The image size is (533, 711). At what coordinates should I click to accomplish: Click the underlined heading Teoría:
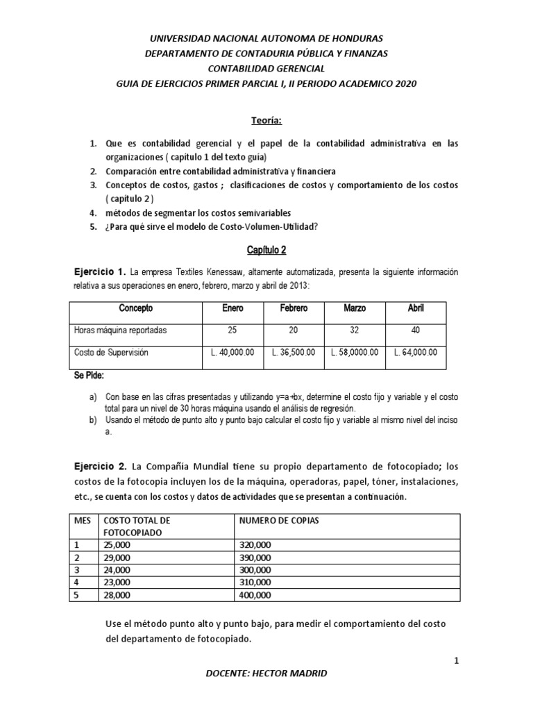266,120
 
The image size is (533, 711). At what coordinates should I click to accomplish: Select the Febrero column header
294,308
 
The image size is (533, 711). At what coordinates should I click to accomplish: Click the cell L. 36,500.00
294,352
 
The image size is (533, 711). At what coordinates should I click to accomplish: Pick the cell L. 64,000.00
416,352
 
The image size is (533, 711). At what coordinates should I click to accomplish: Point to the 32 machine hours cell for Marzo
355,330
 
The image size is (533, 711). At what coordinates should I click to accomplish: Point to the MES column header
83,520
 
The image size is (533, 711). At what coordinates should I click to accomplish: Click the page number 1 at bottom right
457,662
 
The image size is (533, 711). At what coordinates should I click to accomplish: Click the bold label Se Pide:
88,375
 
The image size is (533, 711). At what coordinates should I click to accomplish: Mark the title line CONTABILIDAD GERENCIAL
266,68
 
